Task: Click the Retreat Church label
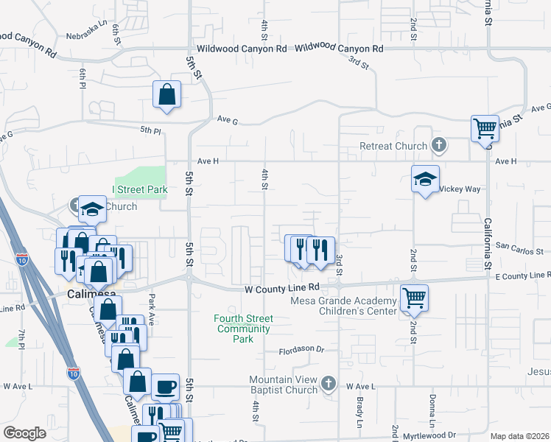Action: [x=393, y=146]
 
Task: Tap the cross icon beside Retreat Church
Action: [x=439, y=144]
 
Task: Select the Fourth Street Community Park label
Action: [x=244, y=329]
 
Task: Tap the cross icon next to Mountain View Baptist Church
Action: [x=329, y=383]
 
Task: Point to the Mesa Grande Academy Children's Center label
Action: [x=344, y=305]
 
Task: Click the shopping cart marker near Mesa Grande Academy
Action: [x=414, y=298]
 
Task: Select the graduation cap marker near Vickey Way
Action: [x=425, y=180]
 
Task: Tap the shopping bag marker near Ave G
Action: [x=167, y=94]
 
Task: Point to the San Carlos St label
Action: [x=519, y=250]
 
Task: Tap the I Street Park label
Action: [x=140, y=189]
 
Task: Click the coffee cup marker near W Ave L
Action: [x=165, y=386]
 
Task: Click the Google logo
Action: [x=24, y=433]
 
